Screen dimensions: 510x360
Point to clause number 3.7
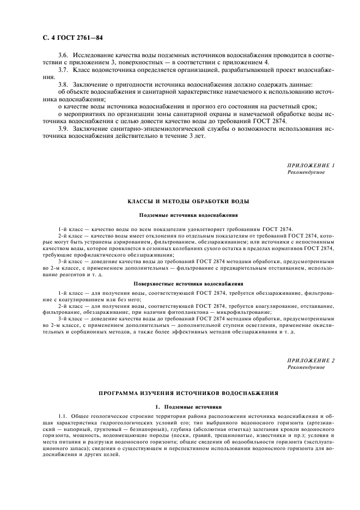tap(64, 71)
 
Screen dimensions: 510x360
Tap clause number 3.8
tap(64, 85)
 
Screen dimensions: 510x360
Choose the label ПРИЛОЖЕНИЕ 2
tap(311, 361)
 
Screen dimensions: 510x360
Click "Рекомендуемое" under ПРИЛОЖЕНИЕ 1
tap(306, 172)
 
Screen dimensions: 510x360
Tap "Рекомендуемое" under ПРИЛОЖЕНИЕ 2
tap(306, 368)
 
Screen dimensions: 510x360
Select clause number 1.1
tap(63, 417)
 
